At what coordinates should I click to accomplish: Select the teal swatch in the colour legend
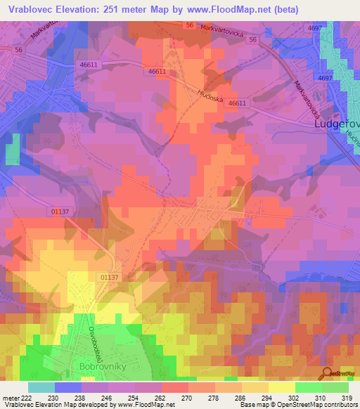click(41, 387)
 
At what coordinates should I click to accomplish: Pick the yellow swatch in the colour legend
click(282, 387)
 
